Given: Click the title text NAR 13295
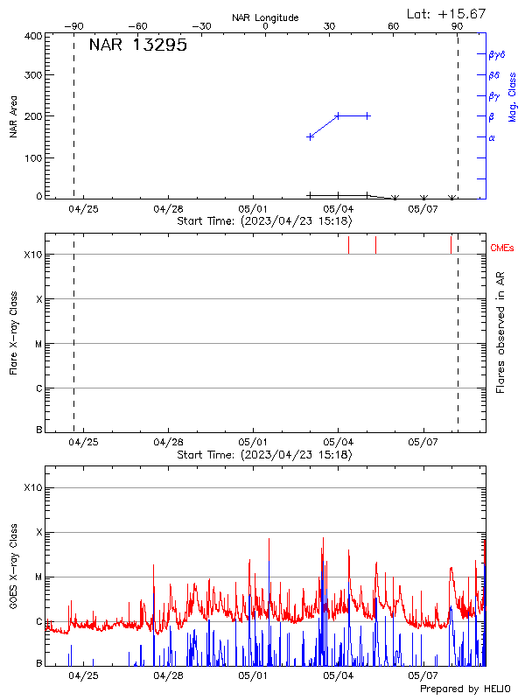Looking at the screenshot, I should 137,46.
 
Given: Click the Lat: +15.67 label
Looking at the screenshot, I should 447,14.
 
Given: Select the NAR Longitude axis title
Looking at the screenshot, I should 265,17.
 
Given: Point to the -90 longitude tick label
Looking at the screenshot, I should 77,27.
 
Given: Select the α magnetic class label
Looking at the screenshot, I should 492,137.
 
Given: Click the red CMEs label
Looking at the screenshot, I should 502,248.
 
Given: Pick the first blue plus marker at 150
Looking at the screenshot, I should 310,136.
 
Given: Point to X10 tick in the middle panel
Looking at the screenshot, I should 33,255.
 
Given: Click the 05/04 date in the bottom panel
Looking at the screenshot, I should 338,675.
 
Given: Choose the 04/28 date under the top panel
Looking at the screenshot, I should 168,209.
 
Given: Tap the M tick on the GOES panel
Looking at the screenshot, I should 38,577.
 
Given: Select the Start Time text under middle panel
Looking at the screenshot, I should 264,455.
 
